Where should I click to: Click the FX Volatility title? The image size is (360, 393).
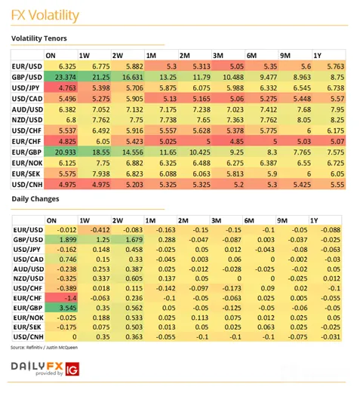pyautogui.click(x=45, y=15)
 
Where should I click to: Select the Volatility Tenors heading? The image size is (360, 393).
pyautogui.click(x=39, y=38)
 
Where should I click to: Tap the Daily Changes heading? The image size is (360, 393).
pyautogui.click(x=35, y=199)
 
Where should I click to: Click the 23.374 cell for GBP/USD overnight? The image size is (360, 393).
pyautogui.click(x=66, y=77)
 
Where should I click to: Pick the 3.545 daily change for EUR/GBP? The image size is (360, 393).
pyautogui.click(x=68, y=308)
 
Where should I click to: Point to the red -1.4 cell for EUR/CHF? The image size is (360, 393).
pyautogui.click(x=70, y=298)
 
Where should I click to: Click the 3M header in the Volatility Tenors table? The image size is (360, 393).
pyautogui.click(x=218, y=56)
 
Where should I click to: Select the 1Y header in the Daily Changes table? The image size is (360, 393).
pyautogui.click(x=314, y=221)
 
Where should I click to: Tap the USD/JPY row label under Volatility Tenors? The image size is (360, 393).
pyautogui.click(x=26, y=88)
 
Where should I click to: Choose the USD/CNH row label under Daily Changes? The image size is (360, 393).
pyautogui.click(x=29, y=337)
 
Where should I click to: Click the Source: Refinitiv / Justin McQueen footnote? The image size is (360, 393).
pyautogui.click(x=44, y=348)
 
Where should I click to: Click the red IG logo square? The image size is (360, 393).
pyautogui.click(x=72, y=369)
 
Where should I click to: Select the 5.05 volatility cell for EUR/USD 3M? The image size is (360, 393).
pyautogui.click(x=237, y=66)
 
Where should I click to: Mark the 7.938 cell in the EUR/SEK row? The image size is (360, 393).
pyautogui.click(x=101, y=173)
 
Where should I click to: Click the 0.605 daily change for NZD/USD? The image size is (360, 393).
pyautogui.click(x=134, y=278)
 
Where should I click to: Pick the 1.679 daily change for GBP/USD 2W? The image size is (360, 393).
pyautogui.click(x=134, y=240)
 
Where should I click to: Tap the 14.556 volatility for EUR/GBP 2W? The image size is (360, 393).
pyautogui.click(x=133, y=152)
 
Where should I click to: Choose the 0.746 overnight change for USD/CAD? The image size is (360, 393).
pyautogui.click(x=68, y=259)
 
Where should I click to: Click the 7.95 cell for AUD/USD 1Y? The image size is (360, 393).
pyautogui.click(x=337, y=109)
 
